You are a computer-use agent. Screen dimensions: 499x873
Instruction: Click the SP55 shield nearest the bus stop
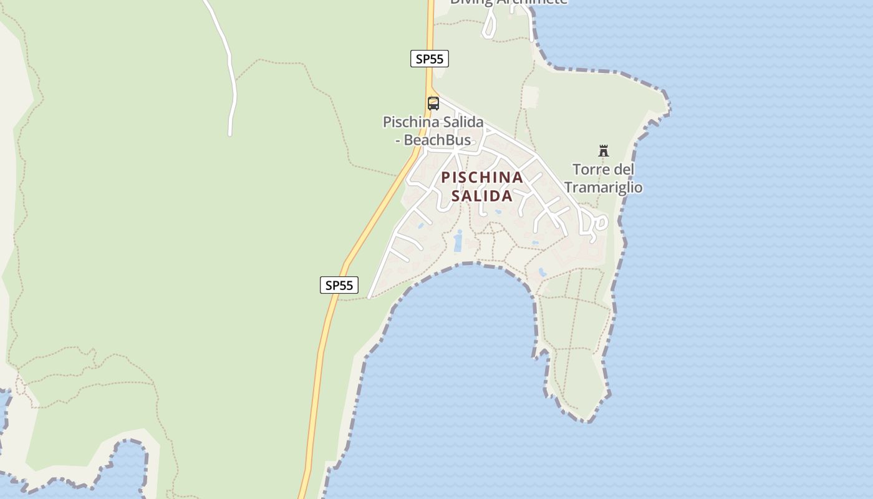point(430,59)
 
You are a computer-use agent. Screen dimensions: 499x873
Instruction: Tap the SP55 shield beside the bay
point(339,285)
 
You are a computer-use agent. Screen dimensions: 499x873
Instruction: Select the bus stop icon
point(433,104)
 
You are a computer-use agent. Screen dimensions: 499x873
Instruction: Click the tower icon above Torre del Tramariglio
point(603,151)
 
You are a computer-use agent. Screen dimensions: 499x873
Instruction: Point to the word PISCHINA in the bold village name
point(482,178)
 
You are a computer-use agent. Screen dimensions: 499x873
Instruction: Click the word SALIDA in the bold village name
point(482,196)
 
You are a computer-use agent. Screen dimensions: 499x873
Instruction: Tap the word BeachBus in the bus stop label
point(437,140)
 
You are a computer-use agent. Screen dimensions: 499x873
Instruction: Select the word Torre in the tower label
point(592,170)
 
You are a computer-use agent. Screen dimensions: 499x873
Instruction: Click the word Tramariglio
point(603,187)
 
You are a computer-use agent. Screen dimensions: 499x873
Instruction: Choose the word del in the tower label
point(624,170)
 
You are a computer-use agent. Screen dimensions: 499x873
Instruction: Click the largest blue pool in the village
point(458,241)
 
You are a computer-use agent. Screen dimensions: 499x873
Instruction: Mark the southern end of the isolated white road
point(230,133)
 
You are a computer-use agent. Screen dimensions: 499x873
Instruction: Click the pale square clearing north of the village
point(530,97)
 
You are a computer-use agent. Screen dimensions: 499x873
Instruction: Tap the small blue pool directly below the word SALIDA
point(498,212)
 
